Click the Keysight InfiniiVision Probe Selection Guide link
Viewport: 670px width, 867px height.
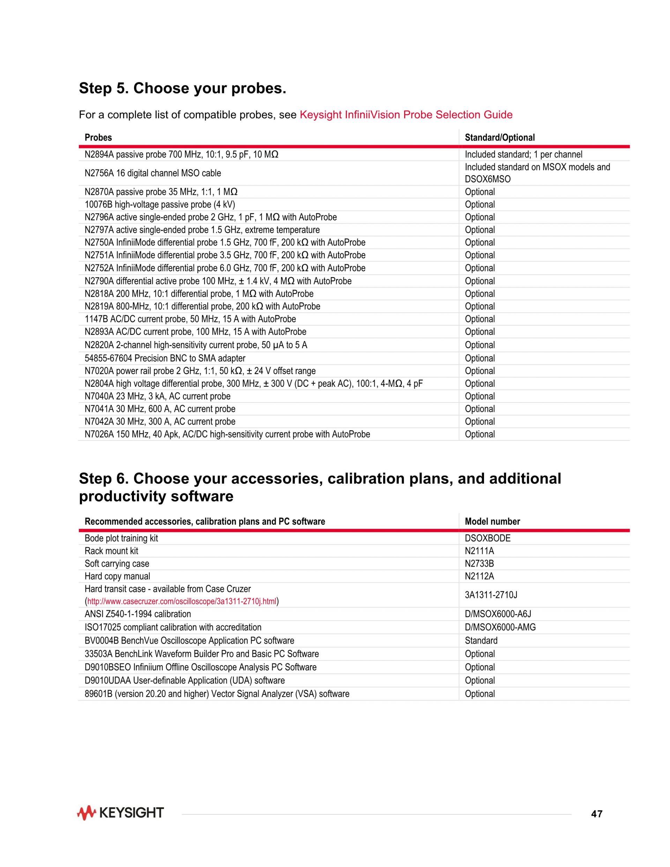(405, 115)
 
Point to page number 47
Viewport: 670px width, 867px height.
(597, 814)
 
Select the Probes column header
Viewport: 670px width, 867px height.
(98, 138)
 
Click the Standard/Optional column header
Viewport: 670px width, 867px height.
(499, 138)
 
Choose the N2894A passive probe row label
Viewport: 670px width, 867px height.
(181, 154)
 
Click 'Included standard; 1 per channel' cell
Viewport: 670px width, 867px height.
(523, 154)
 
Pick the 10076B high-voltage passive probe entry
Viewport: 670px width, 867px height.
(159, 205)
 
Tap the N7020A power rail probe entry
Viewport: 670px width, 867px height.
(200, 371)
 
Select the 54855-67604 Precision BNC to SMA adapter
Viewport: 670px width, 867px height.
(165, 358)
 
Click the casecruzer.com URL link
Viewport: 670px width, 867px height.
(181, 601)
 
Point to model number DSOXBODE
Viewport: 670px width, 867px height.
(487, 538)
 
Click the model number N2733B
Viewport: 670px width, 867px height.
(479, 563)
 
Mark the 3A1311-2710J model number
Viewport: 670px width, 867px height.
(491, 595)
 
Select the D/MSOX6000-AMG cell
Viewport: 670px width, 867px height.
(500, 627)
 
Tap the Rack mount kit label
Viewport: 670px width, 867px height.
(111, 551)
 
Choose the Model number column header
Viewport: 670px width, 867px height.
(492, 521)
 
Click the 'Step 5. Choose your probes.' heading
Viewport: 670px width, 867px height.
(182, 88)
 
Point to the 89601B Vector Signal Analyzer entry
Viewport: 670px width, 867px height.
(217, 694)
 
